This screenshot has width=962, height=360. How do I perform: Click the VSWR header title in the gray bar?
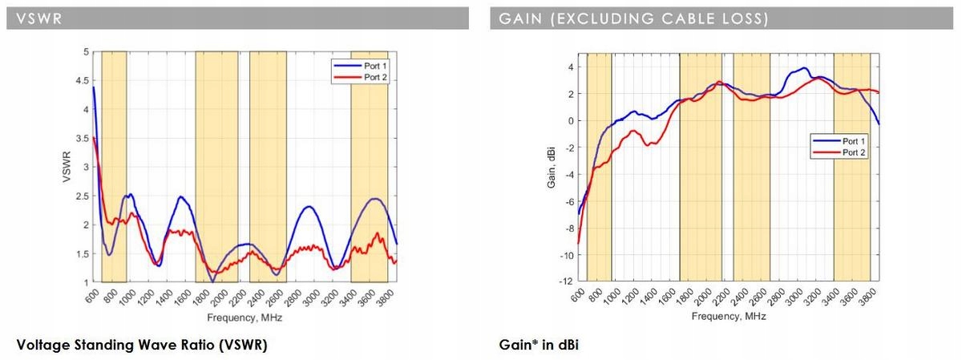click(x=33, y=18)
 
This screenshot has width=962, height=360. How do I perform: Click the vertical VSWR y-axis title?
click(x=67, y=168)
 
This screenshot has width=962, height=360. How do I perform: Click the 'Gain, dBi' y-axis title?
click(x=552, y=168)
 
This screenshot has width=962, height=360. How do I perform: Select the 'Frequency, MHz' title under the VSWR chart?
click(x=245, y=318)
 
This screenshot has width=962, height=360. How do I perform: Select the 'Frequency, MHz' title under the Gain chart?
click(x=729, y=317)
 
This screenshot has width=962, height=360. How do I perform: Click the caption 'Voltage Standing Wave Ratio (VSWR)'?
click(x=141, y=346)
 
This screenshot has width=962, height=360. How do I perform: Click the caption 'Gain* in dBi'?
click(x=538, y=346)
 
